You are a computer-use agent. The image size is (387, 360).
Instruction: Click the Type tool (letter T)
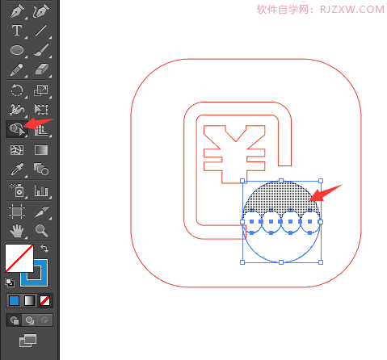pyautogui.click(x=17, y=31)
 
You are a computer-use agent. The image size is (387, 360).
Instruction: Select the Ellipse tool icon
pyautogui.click(x=17, y=50)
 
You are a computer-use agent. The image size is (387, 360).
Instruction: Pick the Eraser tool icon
pyautogui.click(x=41, y=69)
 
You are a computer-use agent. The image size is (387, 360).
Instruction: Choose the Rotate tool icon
pyautogui.click(x=17, y=90)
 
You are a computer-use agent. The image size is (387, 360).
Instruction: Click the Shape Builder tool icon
pyautogui.click(x=17, y=129)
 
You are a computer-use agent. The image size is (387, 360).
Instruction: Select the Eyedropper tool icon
pyautogui.click(x=17, y=170)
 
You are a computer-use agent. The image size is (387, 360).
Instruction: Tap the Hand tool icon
pyautogui.click(x=17, y=231)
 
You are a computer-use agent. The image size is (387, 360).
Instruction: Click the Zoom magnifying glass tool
pyautogui.click(x=41, y=230)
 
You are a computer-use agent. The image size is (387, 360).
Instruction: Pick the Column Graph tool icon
pyautogui.click(x=41, y=190)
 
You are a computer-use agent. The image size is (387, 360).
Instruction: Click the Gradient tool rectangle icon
pyautogui.click(x=41, y=150)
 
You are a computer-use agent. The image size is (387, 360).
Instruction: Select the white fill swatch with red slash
pyautogui.click(x=19, y=258)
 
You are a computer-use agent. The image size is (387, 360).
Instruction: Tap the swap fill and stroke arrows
pyautogui.click(x=44, y=249)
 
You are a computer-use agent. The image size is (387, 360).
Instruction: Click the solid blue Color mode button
pyautogui.click(x=14, y=300)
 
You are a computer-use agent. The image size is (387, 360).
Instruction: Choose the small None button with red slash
pyautogui.click(x=44, y=300)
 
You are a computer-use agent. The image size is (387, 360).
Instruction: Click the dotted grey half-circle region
pyautogui.click(x=281, y=196)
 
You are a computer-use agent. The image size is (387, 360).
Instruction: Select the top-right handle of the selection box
pyautogui.click(x=321, y=181)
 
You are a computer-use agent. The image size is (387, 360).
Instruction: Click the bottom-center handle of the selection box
pyautogui.click(x=281, y=262)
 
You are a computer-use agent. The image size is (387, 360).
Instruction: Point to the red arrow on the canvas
pyautogui.click(x=326, y=193)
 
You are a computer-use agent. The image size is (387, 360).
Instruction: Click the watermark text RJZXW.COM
pyautogui.click(x=351, y=10)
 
